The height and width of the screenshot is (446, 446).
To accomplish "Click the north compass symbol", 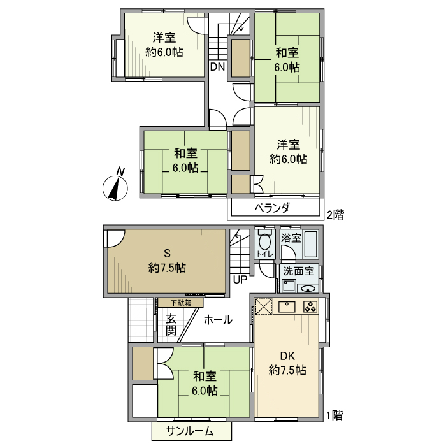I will (114, 186).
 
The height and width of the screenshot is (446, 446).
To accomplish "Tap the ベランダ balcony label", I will (273, 208).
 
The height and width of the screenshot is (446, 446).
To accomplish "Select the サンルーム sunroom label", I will (191, 431).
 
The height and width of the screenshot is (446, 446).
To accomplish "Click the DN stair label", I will (217, 66).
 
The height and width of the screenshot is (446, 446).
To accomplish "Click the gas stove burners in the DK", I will (310, 306).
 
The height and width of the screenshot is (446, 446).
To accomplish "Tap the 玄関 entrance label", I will (171, 325).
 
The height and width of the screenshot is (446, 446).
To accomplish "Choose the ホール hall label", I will (218, 320).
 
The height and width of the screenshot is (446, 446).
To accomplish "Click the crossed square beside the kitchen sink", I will (264, 306).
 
